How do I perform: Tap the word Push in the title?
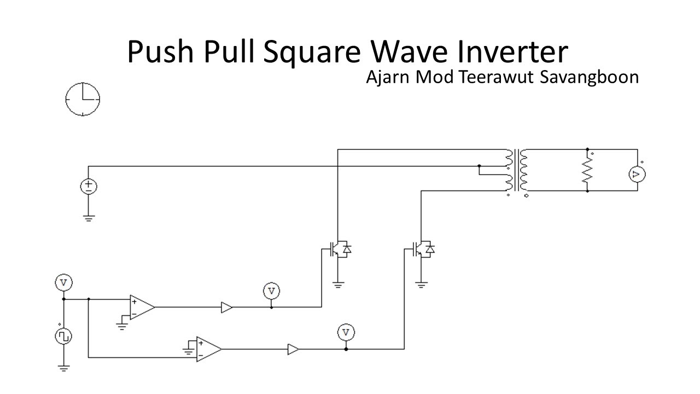(161, 52)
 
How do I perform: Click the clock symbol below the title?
(83, 99)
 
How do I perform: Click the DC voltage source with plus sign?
(89, 187)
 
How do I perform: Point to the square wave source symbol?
(64, 336)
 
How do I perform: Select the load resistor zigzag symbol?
(587, 171)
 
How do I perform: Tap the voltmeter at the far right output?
(637, 175)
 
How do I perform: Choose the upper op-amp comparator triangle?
(141, 307)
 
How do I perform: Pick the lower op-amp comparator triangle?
(208, 349)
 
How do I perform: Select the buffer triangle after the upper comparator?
(226, 308)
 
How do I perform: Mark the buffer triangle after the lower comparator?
(293, 349)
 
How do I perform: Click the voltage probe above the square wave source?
(64, 283)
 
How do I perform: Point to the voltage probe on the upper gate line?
(271, 291)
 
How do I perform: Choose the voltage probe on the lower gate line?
(346, 332)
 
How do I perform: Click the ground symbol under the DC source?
(89, 218)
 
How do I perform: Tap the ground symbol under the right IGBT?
(421, 284)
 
